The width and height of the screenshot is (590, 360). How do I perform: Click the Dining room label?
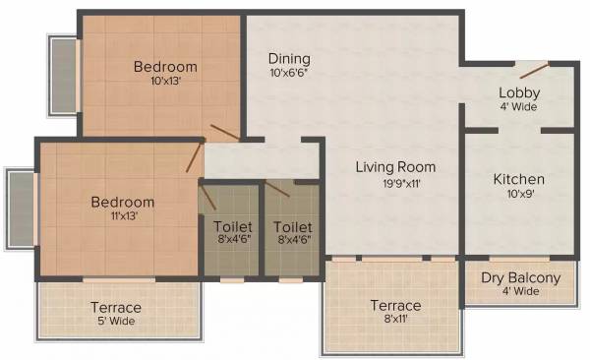[x=290, y=58]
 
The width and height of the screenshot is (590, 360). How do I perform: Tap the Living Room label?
[x=395, y=167]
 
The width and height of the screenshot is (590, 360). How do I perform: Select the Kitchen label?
[x=519, y=179]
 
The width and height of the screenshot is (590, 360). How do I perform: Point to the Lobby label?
[x=520, y=92]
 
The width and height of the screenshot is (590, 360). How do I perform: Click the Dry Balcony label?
[x=521, y=277]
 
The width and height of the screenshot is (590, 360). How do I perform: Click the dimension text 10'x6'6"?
[x=290, y=73]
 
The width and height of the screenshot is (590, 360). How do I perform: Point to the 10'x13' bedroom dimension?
[x=164, y=82]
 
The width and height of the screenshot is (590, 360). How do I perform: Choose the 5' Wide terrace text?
[x=116, y=322]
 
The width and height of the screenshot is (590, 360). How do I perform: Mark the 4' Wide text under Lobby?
[x=520, y=106]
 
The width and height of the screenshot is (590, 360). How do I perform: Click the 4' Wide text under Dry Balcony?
[x=521, y=291]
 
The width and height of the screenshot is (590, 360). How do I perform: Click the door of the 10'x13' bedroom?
[x=223, y=133]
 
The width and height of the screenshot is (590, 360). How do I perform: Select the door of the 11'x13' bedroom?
[x=196, y=157]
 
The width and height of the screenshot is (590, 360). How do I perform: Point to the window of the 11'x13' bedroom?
[x=22, y=208]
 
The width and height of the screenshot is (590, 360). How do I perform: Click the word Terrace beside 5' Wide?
[x=116, y=307]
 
